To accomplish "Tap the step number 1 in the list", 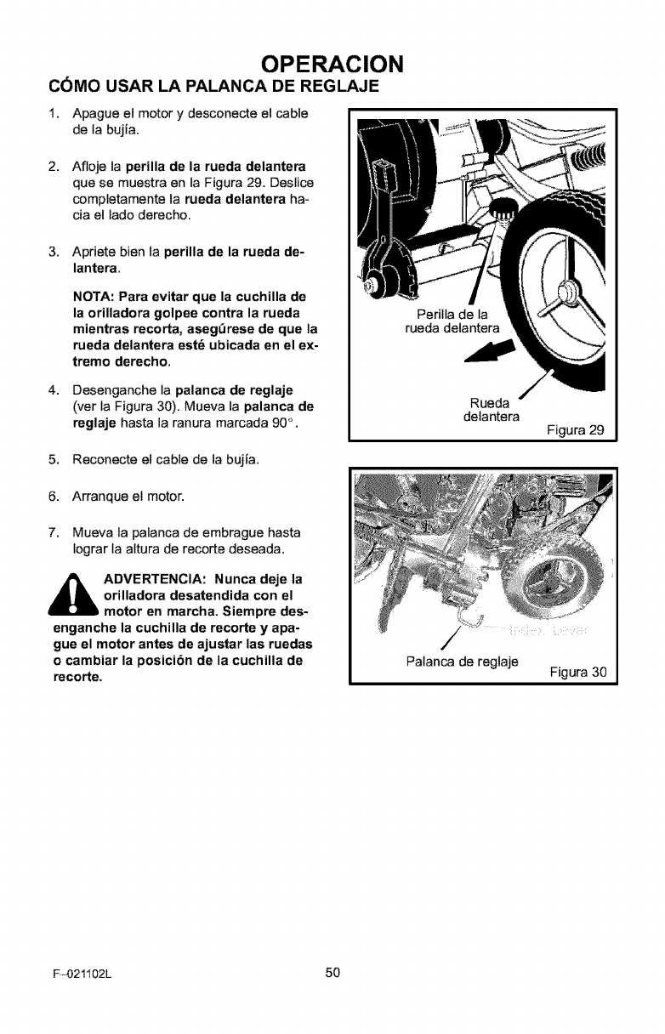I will click(x=54, y=115).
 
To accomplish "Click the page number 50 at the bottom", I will click(x=332, y=973).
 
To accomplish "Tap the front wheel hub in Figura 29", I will click(x=566, y=300).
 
